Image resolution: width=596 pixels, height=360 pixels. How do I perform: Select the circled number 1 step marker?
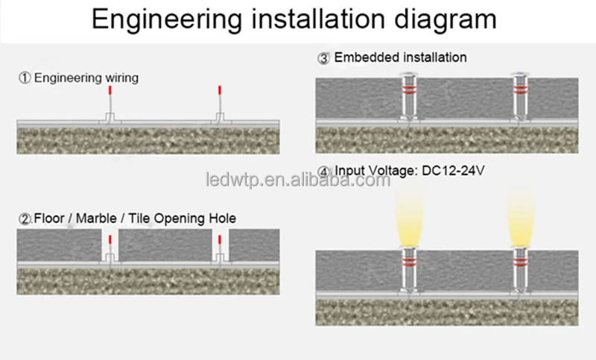(x=25, y=78)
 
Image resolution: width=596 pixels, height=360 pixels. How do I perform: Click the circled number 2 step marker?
(x=25, y=218)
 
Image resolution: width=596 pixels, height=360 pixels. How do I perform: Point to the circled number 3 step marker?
(x=324, y=57)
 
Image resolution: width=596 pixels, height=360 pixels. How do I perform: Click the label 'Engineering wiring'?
(x=86, y=78)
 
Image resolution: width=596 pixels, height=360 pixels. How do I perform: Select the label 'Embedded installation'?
(x=401, y=57)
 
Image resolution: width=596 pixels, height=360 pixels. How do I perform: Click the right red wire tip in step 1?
(x=219, y=90)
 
